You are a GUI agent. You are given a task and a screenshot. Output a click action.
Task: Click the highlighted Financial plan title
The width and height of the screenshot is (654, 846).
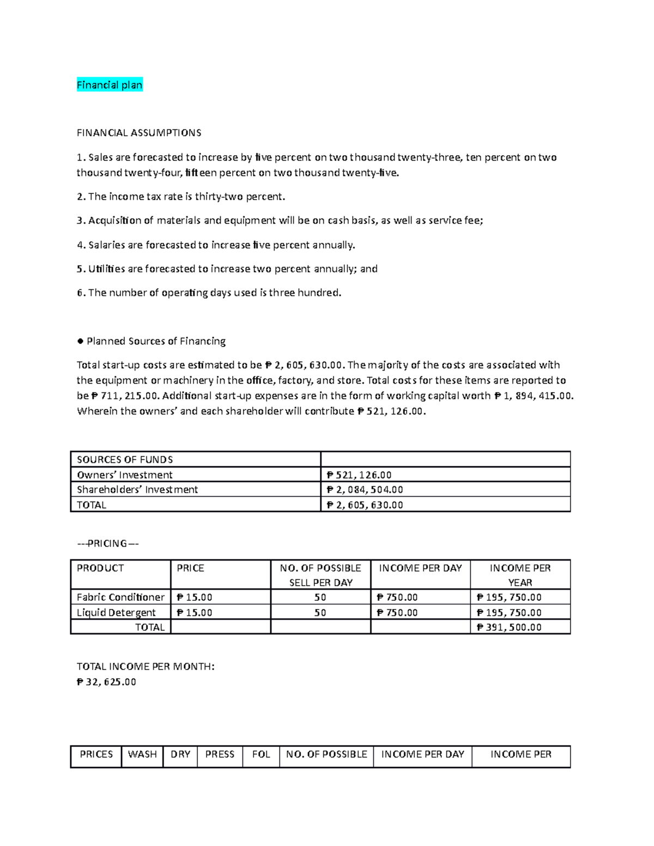click(x=110, y=85)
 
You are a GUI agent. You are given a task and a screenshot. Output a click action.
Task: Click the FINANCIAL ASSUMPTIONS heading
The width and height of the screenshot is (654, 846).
click(x=139, y=133)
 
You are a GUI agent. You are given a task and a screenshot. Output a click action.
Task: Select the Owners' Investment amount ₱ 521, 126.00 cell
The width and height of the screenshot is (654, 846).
click(x=359, y=475)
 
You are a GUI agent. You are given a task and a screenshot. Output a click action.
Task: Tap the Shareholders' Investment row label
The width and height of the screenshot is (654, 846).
click(x=137, y=490)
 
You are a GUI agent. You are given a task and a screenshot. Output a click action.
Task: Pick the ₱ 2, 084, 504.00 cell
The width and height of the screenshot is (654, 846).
click(x=365, y=490)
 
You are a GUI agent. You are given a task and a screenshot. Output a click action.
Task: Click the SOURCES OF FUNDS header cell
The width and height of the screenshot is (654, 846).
click(x=125, y=460)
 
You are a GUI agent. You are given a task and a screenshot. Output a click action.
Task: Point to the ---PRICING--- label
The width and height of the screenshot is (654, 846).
click(x=108, y=544)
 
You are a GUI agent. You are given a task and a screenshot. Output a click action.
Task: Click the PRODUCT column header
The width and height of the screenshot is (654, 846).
click(x=100, y=568)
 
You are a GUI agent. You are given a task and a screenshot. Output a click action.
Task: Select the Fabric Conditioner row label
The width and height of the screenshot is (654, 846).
click(x=120, y=598)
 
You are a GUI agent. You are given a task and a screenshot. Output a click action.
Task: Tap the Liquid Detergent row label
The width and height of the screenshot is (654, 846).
click(x=116, y=613)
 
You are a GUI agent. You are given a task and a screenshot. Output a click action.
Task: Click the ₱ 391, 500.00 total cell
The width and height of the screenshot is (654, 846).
click(x=509, y=628)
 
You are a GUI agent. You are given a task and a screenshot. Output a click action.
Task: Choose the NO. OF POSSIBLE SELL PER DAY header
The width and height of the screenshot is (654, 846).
click(x=320, y=575)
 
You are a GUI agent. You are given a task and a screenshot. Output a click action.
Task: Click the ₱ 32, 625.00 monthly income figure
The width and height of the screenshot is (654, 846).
click(x=106, y=682)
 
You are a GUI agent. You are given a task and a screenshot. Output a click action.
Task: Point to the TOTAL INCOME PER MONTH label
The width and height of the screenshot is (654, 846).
click(x=146, y=667)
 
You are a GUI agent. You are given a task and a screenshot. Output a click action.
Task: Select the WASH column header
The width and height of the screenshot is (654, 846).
click(x=142, y=754)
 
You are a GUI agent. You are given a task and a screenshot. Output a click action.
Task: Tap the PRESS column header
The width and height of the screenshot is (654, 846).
click(x=220, y=754)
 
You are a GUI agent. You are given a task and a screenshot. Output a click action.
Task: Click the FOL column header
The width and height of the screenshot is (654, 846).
click(x=261, y=754)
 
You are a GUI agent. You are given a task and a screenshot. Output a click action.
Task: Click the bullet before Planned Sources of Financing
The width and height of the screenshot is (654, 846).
click(x=80, y=342)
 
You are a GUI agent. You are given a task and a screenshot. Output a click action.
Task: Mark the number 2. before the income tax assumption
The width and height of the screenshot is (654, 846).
click(x=81, y=197)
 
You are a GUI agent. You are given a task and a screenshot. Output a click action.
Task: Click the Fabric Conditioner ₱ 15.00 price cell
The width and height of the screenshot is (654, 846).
click(x=195, y=598)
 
